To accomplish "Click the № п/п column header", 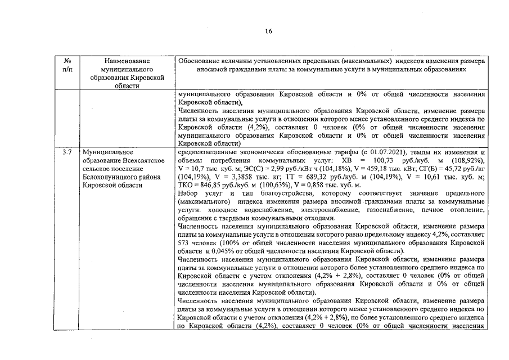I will pyautogui.click(x=67, y=65).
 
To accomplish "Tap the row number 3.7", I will pyautogui.click(x=67, y=152).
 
